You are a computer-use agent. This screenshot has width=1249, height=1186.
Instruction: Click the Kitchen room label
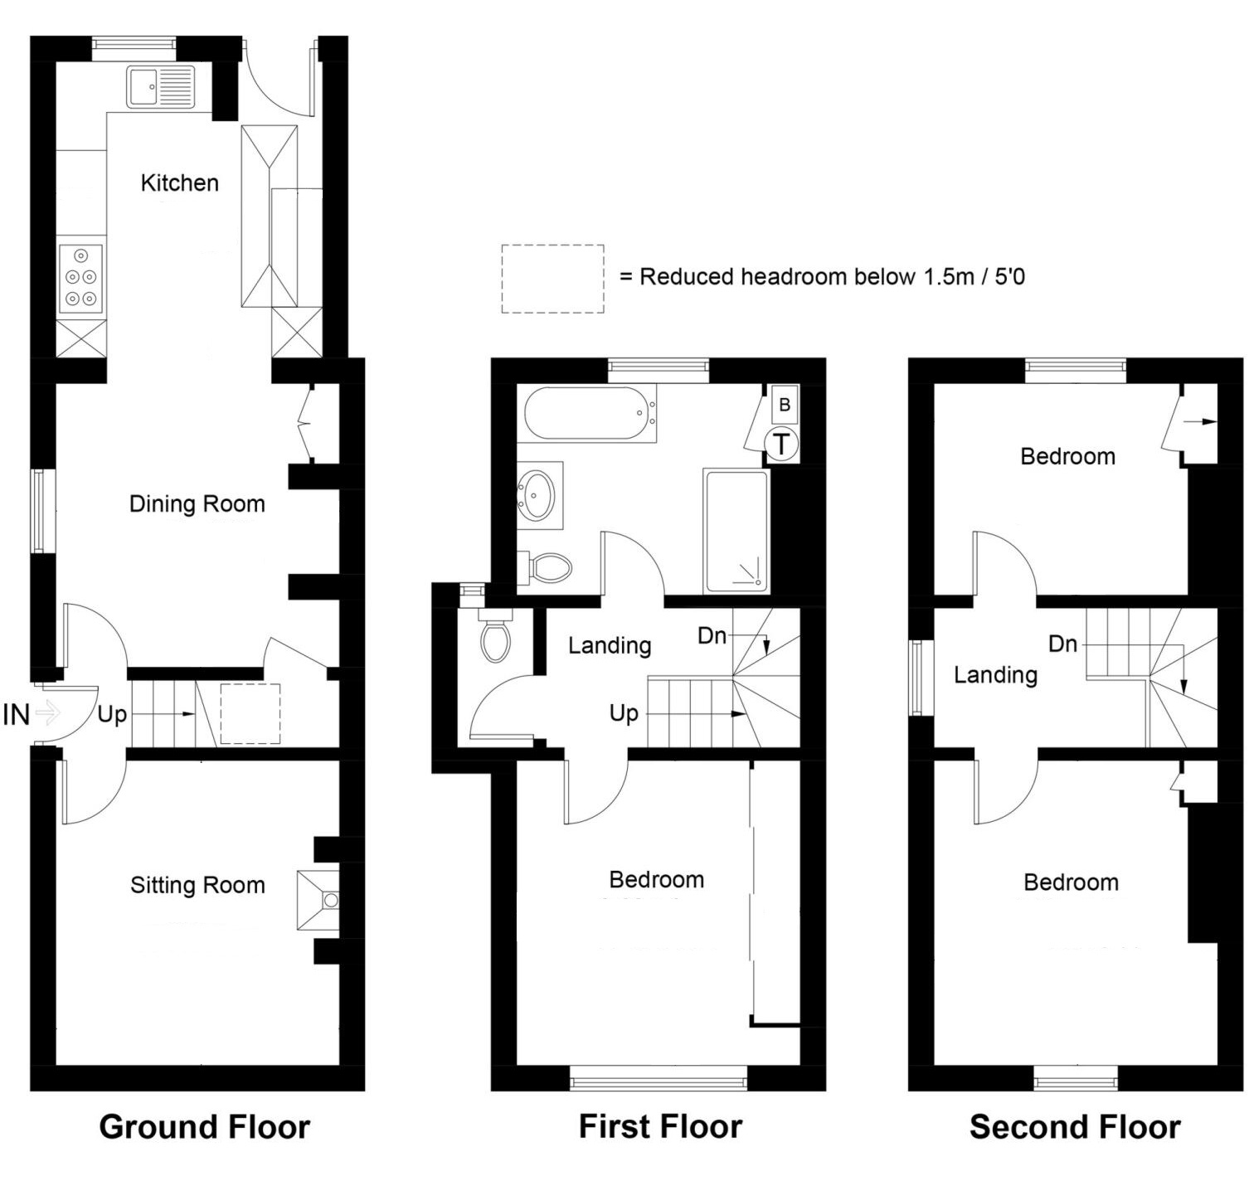coord(179,182)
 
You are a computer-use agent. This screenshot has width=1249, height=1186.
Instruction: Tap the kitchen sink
coord(161,87)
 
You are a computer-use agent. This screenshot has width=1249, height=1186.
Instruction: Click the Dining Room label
coord(197,503)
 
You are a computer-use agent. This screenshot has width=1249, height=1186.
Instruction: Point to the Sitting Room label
coord(197,885)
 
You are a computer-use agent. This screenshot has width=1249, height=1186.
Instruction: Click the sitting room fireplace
coord(318,899)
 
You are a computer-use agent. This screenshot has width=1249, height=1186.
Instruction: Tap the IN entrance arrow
coord(48,712)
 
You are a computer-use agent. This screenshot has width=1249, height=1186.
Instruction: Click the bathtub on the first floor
coord(590,413)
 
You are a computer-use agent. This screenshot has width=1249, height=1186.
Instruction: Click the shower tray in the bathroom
coord(736,531)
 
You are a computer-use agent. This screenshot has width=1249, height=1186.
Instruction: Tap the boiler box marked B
coord(785,405)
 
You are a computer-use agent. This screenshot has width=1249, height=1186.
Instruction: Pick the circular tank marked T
coord(781,444)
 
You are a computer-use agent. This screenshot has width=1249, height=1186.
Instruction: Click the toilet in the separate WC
coord(496,635)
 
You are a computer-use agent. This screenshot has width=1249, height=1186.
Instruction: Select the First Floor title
coord(660,1126)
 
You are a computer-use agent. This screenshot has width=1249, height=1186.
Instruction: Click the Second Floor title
coord(1075,1126)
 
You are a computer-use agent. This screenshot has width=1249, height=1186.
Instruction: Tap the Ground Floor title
coord(204,1126)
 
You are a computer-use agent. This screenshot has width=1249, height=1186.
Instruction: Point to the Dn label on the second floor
coord(1062,644)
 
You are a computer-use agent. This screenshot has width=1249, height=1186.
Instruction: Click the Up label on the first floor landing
coord(624,713)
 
